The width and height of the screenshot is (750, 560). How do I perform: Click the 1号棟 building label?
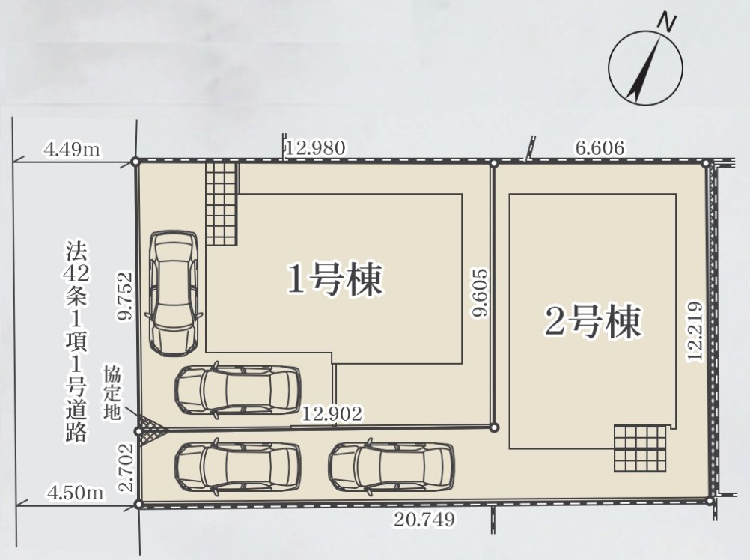pos(335,279)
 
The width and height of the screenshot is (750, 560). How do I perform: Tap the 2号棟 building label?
pos(593,322)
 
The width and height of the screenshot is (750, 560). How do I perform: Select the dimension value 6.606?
pos(600,147)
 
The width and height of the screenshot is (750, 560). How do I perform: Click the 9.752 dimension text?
pos(126,296)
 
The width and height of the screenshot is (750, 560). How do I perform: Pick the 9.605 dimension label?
pos(480,292)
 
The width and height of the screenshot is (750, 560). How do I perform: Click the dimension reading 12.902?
pos(332,413)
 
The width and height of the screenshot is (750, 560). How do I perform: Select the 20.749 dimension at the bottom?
pos(424,519)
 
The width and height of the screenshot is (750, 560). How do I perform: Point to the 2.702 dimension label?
pos(126,467)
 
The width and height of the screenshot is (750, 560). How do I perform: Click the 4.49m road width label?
pos(72,150)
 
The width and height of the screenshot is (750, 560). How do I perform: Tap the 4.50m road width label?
pos(75,492)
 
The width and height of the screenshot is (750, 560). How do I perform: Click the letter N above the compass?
pos(667,22)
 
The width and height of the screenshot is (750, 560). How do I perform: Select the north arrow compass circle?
pos(646,67)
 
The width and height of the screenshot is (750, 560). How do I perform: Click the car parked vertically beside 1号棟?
pos(174,293)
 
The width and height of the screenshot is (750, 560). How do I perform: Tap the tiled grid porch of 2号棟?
pos(640,448)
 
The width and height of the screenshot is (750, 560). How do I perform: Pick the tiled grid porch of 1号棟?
pos(222,203)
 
